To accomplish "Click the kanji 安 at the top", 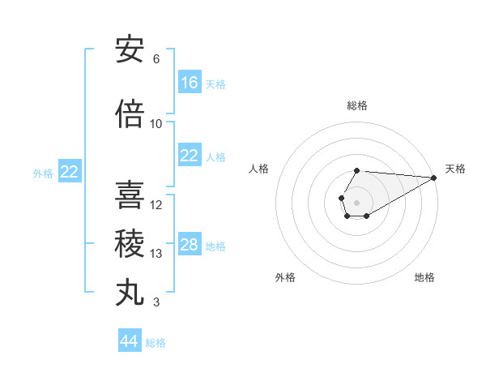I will pos(130,50).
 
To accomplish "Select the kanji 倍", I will pos(130,114).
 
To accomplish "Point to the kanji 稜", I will pos(130,244).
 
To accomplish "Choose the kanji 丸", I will pos(130,293).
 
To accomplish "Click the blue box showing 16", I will pos(190,83).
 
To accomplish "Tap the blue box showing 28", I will pos(190,245).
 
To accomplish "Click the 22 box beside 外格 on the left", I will pos(70,172).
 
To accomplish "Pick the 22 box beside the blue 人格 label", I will pos(190,156).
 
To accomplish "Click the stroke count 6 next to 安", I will pos(156,59).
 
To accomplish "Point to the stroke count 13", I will pos(156,254).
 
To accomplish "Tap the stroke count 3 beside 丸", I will pos(156,302).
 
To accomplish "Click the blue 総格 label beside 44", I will pos(156,343).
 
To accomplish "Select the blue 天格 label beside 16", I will pos(215,83).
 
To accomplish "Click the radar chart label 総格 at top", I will pos(357,105).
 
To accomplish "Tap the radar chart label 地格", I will pos(424,277).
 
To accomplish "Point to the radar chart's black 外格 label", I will pos(285,277).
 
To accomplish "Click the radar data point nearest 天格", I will pos(434,178).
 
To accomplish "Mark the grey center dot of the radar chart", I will pos(356,201).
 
